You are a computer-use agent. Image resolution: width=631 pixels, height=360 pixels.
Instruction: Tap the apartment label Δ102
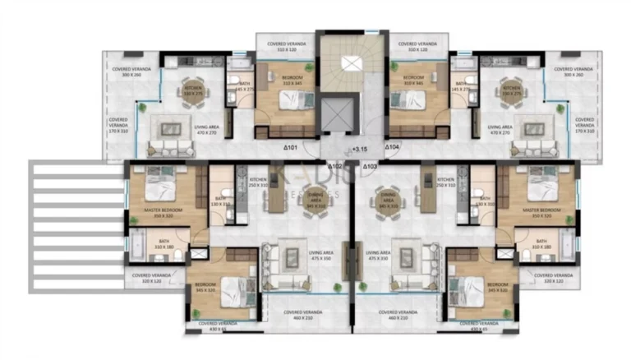[x=334, y=165]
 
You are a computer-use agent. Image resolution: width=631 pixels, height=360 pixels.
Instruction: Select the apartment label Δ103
[x=370, y=165]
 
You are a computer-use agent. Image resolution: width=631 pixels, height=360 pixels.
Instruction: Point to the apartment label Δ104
[x=394, y=148]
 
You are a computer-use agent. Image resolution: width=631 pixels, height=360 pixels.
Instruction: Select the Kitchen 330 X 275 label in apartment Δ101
[x=193, y=90]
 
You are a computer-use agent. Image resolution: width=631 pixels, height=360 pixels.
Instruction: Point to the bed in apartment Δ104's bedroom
[x=408, y=100]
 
